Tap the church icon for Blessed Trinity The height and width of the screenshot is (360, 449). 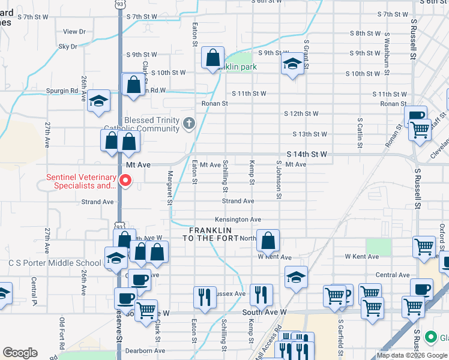click(189, 124)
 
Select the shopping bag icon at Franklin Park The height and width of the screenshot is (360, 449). click(212, 59)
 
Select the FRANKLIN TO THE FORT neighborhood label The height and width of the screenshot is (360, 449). click(210, 234)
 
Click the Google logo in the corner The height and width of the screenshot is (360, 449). click(20, 353)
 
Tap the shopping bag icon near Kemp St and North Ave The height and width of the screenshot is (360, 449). click(268, 240)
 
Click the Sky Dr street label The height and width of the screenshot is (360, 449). click(68, 46)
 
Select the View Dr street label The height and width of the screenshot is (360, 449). click(74, 31)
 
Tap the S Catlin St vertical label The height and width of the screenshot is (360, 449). click(360, 133)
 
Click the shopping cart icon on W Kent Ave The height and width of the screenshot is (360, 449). click(424, 247)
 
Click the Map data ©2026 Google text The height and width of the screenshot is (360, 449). click(412, 355)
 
